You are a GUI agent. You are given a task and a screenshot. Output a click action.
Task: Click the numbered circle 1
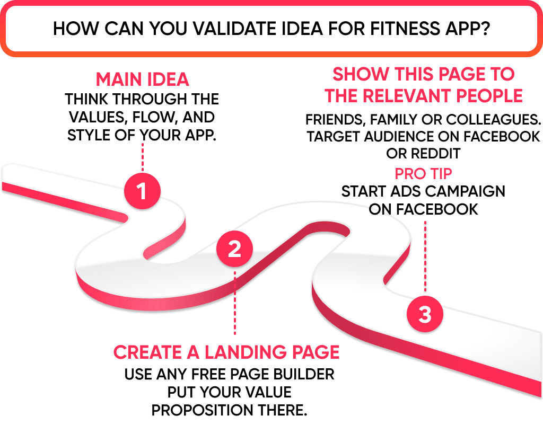tap(142, 191)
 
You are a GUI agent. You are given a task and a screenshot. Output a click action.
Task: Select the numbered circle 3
tap(425, 314)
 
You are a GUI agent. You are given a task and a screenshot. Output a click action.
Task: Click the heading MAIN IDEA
tap(142, 79)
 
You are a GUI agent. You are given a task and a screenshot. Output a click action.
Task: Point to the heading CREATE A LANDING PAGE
tap(226, 352)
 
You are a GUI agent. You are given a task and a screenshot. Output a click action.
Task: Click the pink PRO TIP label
tap(423, 173)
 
